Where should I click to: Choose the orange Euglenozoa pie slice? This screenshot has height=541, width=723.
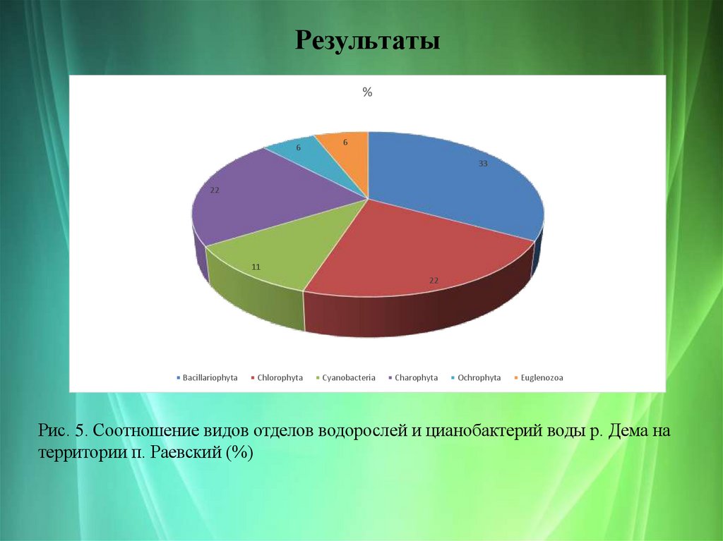pos(346,152)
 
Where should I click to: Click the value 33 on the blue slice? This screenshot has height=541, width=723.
pos(483,164)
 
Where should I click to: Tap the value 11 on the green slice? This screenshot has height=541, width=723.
pos(256,267)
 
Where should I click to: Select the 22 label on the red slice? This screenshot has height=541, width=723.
pos(434,281)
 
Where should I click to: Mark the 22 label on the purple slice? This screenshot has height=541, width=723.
pos(215,190)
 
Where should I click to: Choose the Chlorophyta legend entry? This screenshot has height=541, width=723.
pos(280,378)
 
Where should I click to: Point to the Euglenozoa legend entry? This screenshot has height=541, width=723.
pos(542,378)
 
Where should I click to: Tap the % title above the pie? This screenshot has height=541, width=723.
pos(367,92)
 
